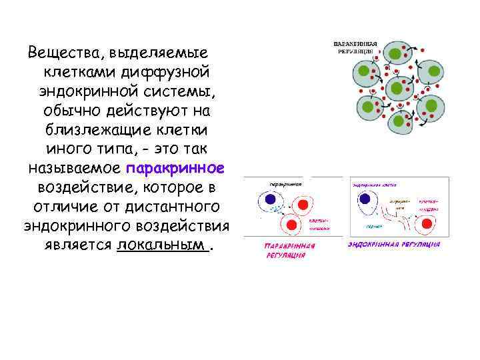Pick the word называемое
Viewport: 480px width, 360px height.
(x=75, y=167)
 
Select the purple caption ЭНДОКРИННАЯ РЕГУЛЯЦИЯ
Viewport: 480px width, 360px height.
(x=393, y=244)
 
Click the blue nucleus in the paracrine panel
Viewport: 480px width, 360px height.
(x=270, y=199)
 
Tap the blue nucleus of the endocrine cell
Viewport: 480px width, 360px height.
(x=365, y=199)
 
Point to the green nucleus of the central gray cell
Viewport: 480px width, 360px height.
(x=397, y=87)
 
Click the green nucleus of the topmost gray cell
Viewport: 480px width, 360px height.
(x=395, y=53)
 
